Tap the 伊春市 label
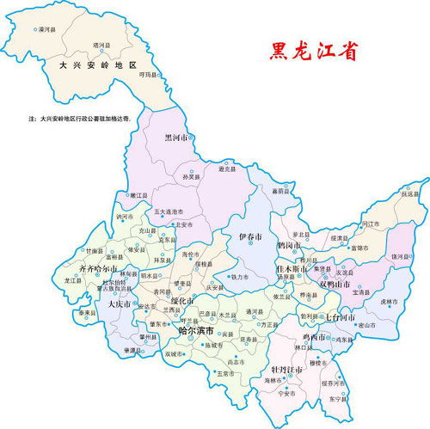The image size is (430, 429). [x=250, y=235]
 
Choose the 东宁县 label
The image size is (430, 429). [x=338, y=400]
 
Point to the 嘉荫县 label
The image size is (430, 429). [x=276, y=190]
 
